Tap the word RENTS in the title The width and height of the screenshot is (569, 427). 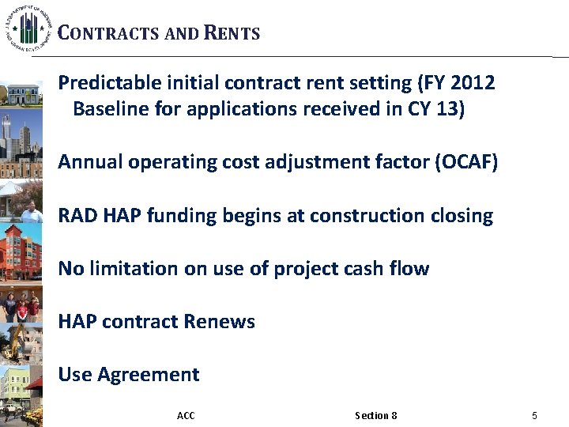click(x=232, y=33)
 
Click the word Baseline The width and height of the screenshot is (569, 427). click(x=107, y=109)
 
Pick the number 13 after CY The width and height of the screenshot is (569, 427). click(x=447, y=109)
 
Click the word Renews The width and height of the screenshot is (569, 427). click(x=219, y=322)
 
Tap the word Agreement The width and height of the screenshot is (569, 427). click(x=148, y=375)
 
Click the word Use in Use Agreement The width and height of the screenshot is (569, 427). click(x=75, y=375)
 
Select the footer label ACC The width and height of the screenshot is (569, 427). click(x=186, y=416)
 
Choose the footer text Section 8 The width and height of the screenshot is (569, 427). click(x=376, y=416)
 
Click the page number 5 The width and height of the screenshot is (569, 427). click(x=535, y=416)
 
